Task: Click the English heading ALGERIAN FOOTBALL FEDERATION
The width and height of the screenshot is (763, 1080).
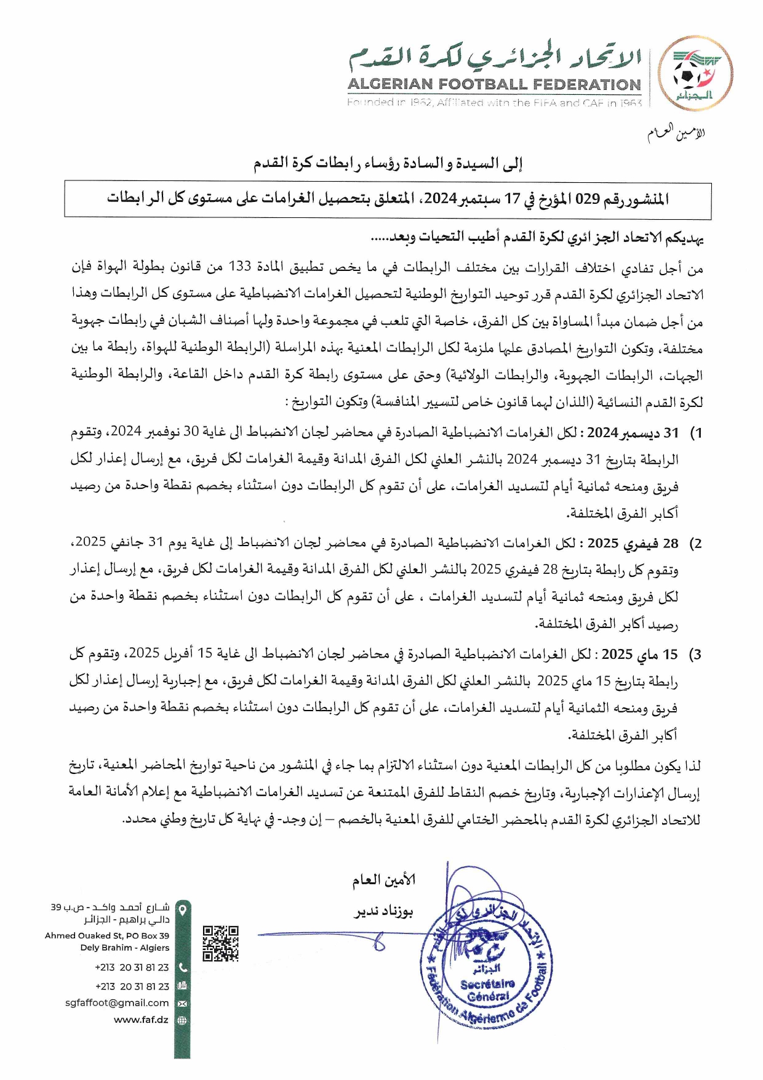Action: pos(494,84)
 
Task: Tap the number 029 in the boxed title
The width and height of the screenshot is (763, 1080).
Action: pos(586,199)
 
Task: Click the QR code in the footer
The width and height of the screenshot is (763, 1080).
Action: pos(220,943)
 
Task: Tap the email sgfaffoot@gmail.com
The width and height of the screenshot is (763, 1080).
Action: pos(117,1002)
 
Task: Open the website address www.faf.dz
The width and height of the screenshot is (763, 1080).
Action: pos(141,1020)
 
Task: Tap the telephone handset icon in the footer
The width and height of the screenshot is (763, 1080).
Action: pos(182,967)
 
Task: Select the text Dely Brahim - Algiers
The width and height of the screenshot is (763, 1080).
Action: pos(124,948)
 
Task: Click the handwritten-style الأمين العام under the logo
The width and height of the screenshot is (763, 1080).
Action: pos(676,133)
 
